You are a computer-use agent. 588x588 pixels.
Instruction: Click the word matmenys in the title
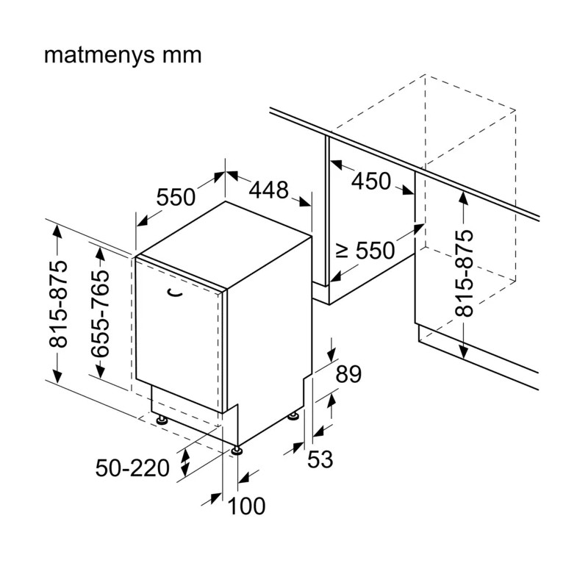click(x=99, y=55)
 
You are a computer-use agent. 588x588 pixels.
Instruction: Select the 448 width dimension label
click(x=269, y=190)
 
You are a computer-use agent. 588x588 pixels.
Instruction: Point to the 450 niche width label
click(x=371, y=181)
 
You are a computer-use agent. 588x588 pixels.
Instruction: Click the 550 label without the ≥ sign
click(x=176, y=197)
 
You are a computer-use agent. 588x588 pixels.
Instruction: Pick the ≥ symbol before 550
click(x=342, y=250)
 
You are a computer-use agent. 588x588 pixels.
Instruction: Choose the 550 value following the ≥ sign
click(x=375, y=250)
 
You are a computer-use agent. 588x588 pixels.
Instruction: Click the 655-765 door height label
click(x=101, y=313)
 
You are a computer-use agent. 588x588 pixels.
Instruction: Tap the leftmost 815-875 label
click(x=59, y=304)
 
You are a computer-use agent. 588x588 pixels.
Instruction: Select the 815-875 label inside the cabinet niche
click(x=465, y=273)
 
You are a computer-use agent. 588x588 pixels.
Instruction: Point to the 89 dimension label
click(x=348, y=374)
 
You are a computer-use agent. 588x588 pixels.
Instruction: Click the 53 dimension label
click(x=320, y=459)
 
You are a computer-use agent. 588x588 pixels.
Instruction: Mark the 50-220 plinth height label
click(x=132, y=468)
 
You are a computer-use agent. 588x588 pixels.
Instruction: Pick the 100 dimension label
click(x=246, y=506)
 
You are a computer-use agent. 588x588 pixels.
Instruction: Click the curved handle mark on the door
click(x=174, y=293)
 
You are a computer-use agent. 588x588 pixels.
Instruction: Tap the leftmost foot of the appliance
click(x=162, y=419)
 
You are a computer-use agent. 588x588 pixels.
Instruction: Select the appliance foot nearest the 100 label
click(x=237, y=450)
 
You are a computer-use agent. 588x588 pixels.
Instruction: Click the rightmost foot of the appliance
click(x=293, y=415)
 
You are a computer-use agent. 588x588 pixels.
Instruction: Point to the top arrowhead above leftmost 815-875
click(x=57, y=231)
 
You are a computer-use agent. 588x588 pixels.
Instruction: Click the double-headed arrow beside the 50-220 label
click(x=185, y=462)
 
